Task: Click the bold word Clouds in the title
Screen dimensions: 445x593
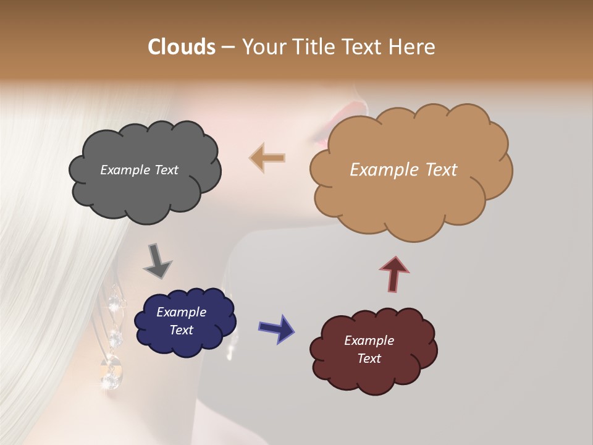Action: pyautogui.click(x=181, y=47)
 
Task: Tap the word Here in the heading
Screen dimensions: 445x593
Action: pyautogui.click(x=413, y=47)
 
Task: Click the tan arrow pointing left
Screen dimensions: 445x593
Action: pyautogui.click(x=267, y=158)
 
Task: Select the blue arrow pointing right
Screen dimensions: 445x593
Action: pyautogui.click(x=277, y=328)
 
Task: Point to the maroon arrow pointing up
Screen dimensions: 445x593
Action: pyautogui.click(x=394, y=274)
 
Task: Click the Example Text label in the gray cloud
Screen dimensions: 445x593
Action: pyautogui.click(x=139, y=170)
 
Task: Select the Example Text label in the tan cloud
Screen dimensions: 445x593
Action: pyautogui.click(x=403, y=170)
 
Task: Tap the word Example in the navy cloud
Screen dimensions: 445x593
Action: pyautogui.click(x=181, y=312)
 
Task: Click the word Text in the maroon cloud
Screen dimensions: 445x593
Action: pyautogui.click(x=369, y=358)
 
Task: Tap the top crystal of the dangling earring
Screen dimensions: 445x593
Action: pyautogui.click(x=115, y=302)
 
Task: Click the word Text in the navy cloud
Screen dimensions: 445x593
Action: pyautogui.click(x=181, y=330)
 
